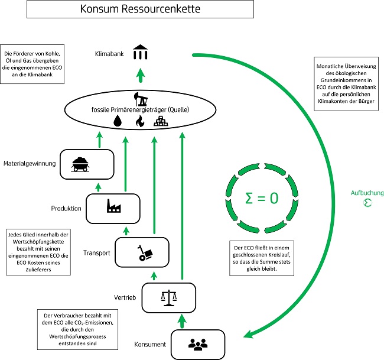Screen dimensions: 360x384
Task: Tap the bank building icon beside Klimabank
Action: (x=141, y=53)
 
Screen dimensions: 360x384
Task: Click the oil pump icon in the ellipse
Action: (x=141, y=97)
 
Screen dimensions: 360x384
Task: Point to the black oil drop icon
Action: (x=118, y=120)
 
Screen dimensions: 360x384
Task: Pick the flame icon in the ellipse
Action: (x=140, y=121)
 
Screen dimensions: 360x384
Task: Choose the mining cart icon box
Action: (x=86, y=164)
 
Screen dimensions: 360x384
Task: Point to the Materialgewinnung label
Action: (x=28, y=164)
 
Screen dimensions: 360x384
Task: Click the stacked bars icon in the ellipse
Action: (x=162, y=121)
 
